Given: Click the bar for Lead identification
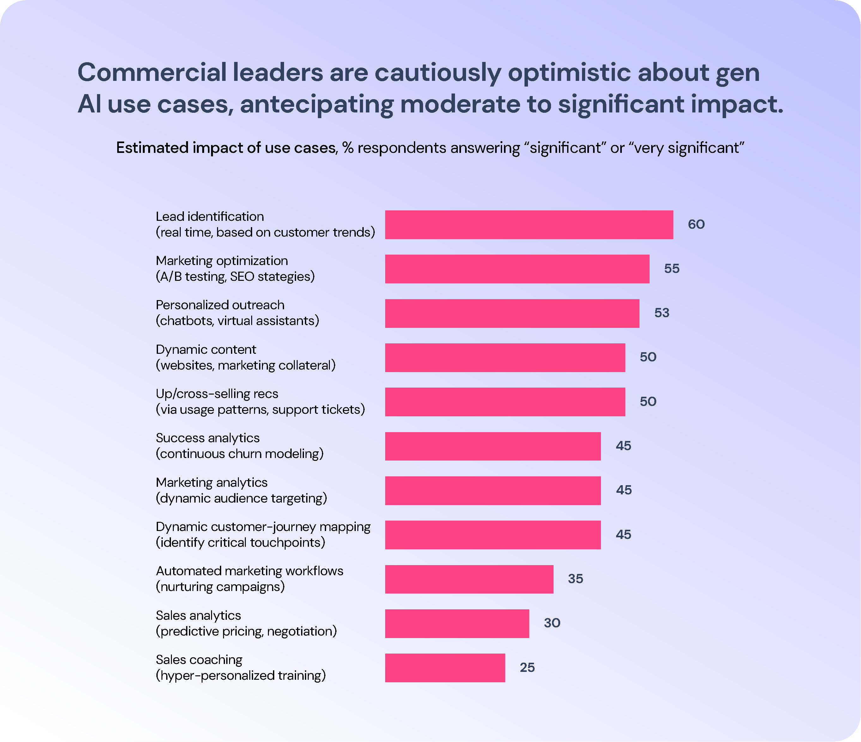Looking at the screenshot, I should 529,225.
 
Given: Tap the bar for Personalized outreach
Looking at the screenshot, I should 512,313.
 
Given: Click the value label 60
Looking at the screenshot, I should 696,224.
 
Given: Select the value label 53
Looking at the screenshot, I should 662,313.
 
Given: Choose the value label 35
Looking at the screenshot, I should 575,579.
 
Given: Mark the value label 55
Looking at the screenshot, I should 671,269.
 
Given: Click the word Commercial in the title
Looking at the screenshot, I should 152,72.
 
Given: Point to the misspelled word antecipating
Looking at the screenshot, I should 316,104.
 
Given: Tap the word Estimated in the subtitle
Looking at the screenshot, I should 152,148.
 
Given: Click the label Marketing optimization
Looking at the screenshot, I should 221,261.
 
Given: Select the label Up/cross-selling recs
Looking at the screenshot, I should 216,394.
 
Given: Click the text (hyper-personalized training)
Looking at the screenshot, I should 240,676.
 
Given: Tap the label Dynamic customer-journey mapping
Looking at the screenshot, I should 263,527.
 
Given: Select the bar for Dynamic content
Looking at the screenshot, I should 505,357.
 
